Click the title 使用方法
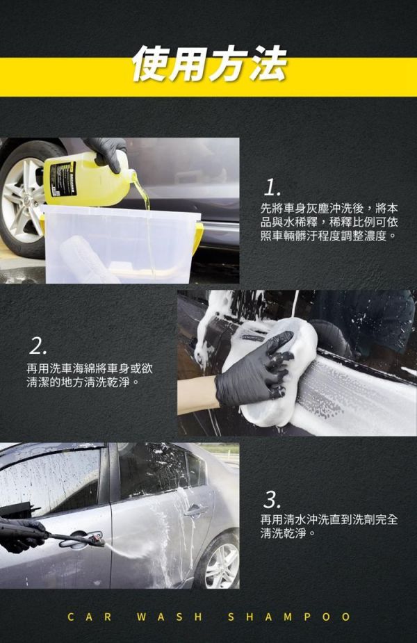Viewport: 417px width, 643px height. click(209, 65)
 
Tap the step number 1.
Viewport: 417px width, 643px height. click(272, 188)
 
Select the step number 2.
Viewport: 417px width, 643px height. click(38, 347)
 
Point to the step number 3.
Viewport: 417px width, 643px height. click(272, 500)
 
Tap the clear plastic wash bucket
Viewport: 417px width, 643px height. click(120, 245)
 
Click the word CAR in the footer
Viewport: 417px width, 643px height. click(90, 617)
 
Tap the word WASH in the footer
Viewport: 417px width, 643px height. click(170, 617)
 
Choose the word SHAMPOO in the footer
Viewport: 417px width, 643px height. click(289, 617)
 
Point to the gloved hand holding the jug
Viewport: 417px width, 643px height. click(108, 152)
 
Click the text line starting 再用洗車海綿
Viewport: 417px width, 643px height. click(90, 368)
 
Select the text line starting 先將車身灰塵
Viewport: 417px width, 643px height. click(329, 209)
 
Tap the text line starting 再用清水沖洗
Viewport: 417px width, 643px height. click(329, 519)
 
